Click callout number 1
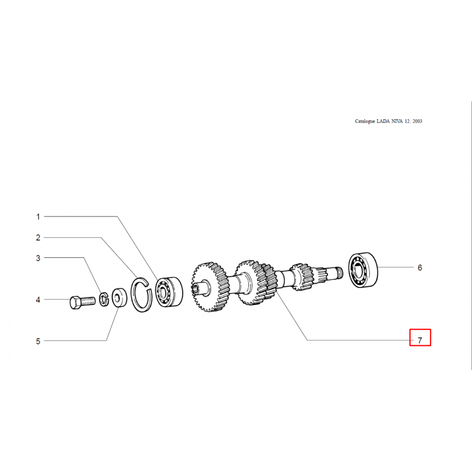[x=38, y=217]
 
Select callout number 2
[x=38, y=238]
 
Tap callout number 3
[x=38, y=258]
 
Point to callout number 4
[x=38, y=300]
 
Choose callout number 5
[x=38, y=342]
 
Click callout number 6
[x=420, y=268]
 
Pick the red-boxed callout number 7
[x=420, y=340]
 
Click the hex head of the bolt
[x=76, y=303]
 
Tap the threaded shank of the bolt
[x=88, y=301]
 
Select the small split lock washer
[x=104, y=299]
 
